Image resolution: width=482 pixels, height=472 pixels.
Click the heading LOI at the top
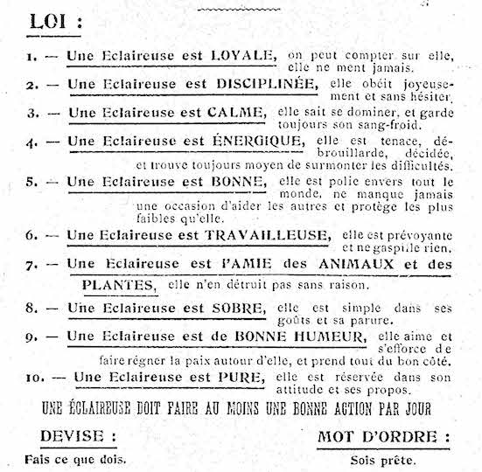pos(51,21)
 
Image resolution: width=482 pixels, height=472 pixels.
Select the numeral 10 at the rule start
pos(34,377)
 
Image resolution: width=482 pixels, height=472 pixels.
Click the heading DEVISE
pos(77,436)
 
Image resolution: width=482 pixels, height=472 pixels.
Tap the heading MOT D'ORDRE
pos(383,436)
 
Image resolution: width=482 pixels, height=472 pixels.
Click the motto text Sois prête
pos(383,459)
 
